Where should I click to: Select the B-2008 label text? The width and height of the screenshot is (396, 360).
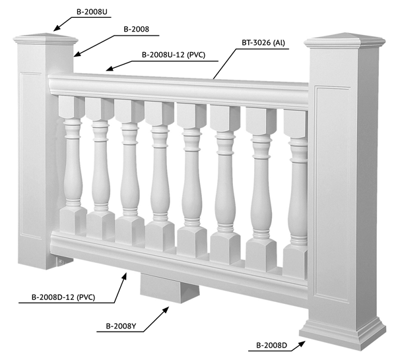point(136,29)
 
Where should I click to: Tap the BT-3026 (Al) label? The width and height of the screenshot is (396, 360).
point(263,43)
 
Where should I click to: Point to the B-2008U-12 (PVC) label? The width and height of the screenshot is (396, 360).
point(174,55)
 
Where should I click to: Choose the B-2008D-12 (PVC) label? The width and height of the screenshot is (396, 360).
point(63,297)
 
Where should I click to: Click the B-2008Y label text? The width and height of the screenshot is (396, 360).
point(121,326)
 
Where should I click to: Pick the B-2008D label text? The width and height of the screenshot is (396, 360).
point(271,345)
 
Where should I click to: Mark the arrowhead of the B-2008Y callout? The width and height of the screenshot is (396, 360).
point(166,309)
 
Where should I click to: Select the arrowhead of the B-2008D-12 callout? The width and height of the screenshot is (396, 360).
point(124,276)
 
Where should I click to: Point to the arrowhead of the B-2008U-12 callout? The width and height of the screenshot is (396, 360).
point(110,69)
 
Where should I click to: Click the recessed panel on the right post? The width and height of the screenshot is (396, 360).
point(333,194)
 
